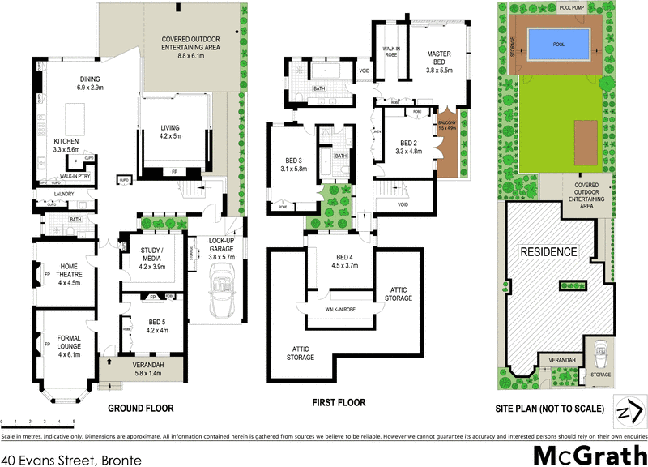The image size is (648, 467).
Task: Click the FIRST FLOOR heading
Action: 338,403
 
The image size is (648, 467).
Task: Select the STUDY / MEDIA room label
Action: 152,255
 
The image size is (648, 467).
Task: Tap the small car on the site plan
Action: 599,352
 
